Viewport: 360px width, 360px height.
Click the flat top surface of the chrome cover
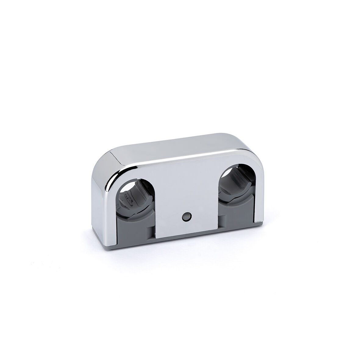coord(171,152)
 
